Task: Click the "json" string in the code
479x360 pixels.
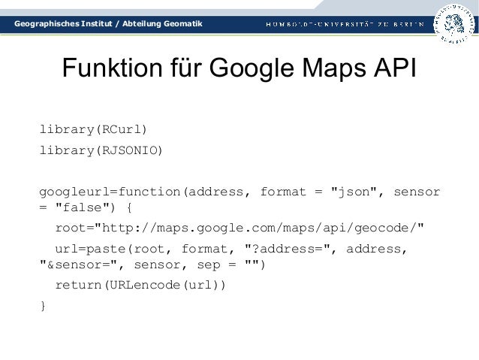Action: point(354,192)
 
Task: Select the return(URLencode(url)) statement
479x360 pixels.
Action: point(140,286)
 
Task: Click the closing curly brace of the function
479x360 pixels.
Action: point(43,305)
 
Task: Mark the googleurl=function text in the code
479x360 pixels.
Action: point(109,192)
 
